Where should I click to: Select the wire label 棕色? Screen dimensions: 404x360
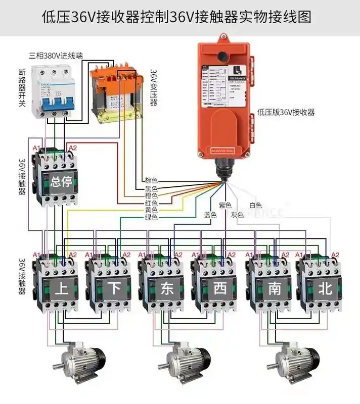[151, 180]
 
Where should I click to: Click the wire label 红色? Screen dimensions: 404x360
[151, 203]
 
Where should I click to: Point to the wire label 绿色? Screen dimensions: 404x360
[151, 217]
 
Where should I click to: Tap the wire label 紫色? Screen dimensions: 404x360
[225, 206]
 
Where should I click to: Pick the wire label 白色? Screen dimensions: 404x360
[255, 206]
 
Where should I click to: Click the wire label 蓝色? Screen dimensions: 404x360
[210, 215]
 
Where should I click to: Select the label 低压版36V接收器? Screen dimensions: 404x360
[286, 112]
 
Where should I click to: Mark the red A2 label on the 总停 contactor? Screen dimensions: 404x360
[72, 147]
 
